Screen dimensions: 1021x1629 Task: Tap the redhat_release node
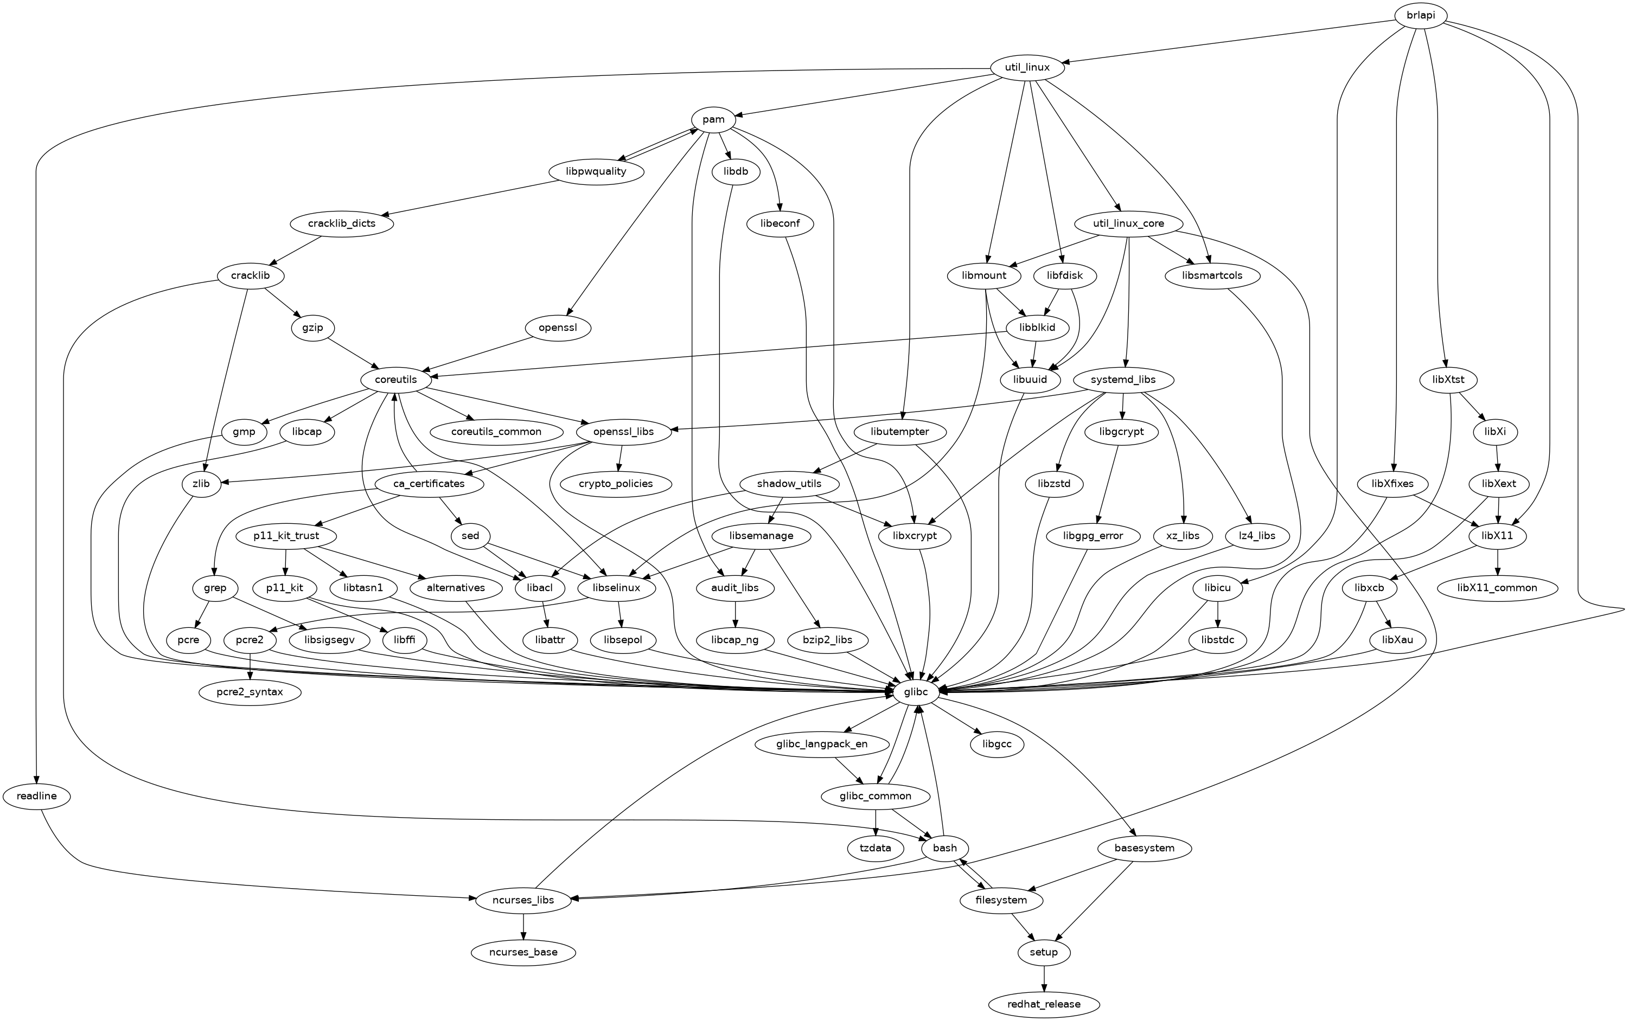click(1044, 1004)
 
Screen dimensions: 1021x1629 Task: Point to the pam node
click(713, 119)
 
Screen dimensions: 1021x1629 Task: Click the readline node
click(36, 796)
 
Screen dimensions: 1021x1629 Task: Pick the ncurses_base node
click(523, 952)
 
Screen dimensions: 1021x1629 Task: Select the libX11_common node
click(1497, 587)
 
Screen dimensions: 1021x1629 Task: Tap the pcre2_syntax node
click(250, 693)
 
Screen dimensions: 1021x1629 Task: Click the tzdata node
click(876, 848)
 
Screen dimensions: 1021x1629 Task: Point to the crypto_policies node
click(616, 484)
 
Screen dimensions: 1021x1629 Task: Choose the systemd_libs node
click(1123, 380)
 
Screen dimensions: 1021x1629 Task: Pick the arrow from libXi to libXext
click(1497, 457)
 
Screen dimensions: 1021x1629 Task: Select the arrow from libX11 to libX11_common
click(1497, 561)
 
